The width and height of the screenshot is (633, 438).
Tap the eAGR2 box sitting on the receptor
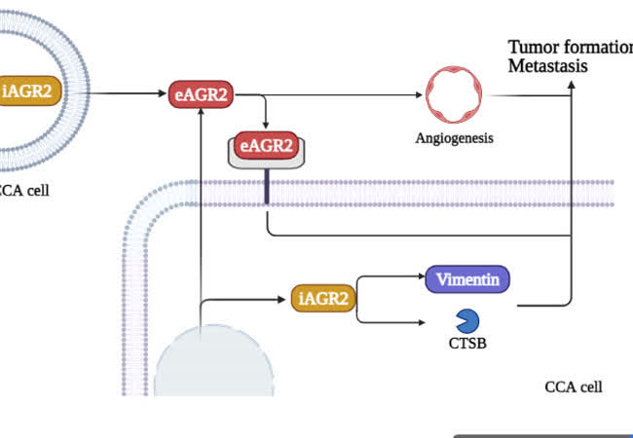click(266, 146)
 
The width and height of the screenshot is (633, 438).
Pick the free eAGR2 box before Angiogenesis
click(202, 93)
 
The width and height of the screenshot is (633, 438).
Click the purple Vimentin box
click(467, 280)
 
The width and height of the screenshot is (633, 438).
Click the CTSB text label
click(467, 343)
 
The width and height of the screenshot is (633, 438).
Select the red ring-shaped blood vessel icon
click(457, 94)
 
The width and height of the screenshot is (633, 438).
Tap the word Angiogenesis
click(456, 138)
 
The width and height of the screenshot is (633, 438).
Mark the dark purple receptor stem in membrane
click(266, 187)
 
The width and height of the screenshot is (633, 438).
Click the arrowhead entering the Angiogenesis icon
click(421, 94)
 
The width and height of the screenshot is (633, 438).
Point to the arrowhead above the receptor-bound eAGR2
click(266, 128)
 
